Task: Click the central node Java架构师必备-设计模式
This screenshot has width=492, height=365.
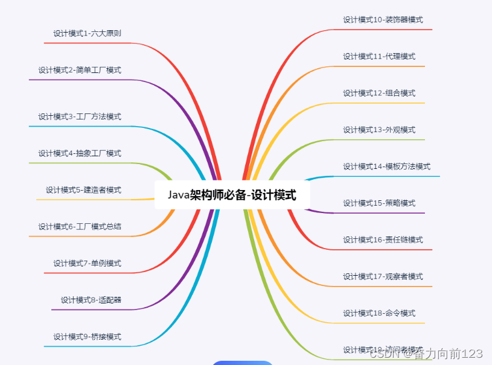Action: coord(232,195)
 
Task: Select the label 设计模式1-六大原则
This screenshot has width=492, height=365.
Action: coord(87,33)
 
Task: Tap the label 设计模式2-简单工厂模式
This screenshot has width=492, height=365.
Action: coord(80,70)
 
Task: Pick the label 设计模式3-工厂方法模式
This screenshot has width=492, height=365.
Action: coord(80,116)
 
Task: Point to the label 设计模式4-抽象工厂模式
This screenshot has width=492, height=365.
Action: coord(80,153)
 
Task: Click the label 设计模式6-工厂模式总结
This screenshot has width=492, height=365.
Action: coord(80,226)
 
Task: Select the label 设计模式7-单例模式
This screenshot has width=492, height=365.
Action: coord(87,263)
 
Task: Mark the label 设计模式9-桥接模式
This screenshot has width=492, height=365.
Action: coord(87,337)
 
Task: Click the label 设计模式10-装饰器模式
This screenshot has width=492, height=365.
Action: coord(383,19)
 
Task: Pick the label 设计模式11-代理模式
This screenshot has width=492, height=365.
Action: coord(379,56)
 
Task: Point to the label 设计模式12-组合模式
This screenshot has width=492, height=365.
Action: coord(379,93)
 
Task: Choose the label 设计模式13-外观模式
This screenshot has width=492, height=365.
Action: coord(379,130)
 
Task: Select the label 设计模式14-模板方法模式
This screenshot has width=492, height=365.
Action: coord(386,167)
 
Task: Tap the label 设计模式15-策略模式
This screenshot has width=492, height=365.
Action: coord(379,203)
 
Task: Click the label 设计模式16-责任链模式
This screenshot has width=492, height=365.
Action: coord(383,240)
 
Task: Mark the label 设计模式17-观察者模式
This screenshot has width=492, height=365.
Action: coord(383,276)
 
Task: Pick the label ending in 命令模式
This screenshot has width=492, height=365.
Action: coord(379,313)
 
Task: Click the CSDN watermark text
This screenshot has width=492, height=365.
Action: coord(426,354)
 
